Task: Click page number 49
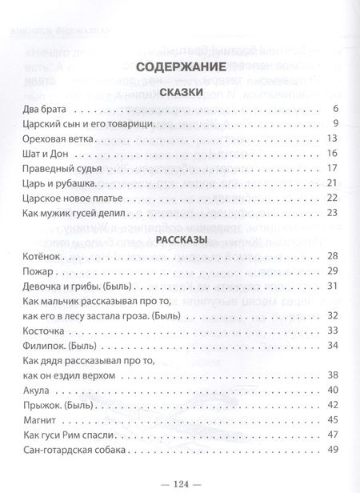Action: [x=335, y=449]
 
